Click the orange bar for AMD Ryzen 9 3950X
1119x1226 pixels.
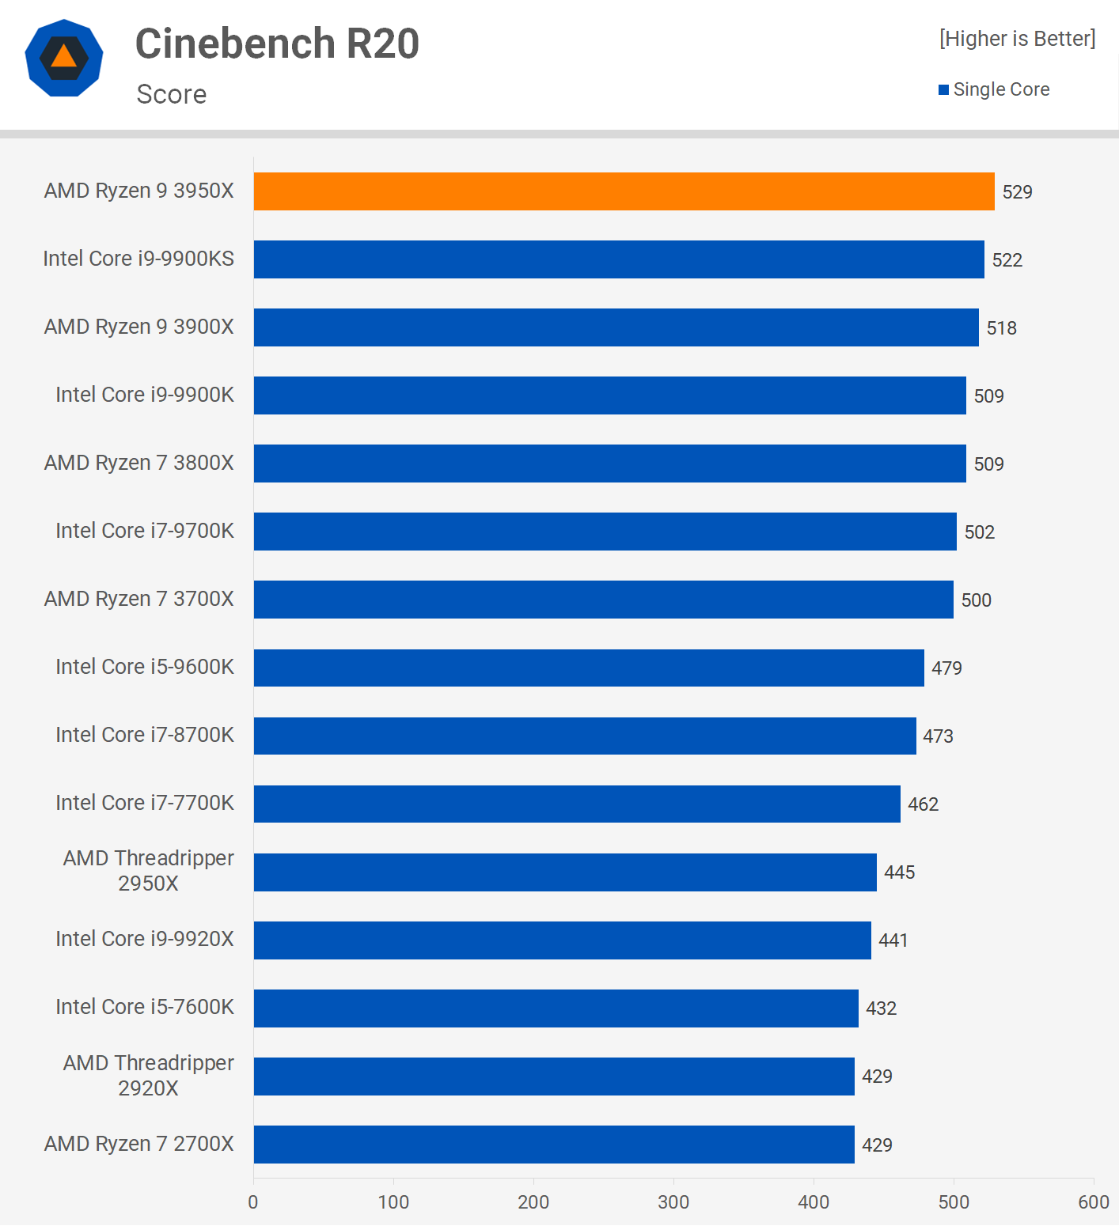pyautogui.click(x=624, y=191)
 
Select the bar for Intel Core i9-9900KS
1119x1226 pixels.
pyautogui.click(x=619, y=259)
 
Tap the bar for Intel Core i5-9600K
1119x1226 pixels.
pyautogui.click(x=589, y=668)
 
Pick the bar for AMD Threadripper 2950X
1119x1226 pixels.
pyautogui.click(x=565, y=872)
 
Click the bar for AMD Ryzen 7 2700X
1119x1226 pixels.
pyautogui.click(x=554, y=1144)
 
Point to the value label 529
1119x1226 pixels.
pyautogui.click(x=1017, y=192)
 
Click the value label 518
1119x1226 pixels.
pyautogui.click(x=1001, y=328)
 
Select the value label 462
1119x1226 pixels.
pyautogui.click(x=923, y=804)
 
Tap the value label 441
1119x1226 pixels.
pyautogui.click(x=893, y=940)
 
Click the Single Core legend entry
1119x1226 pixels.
pyautogui.click(x=994, y=89)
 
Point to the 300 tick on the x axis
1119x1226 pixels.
pyautogui.click(x=673, y=1202)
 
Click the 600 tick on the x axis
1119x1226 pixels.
pyautogui.click(x=1093, y=1202)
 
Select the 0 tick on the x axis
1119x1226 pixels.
pyautogui.click(x=253, y=1202)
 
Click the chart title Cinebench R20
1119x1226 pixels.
pyautogui.click(x=277, y=44)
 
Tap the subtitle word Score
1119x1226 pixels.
pyautogui.click(x=171, y=94)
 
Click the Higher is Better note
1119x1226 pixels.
pyautogui.click(x=1017, y=39)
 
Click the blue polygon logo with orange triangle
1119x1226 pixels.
pyautogui.click(x=64, y=58)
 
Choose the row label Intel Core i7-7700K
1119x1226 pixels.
pyautogui.click(x=145, y=803)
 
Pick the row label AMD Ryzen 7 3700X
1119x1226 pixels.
pyautogui.click(x=139, y=599)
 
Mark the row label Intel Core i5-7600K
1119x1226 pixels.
pyautogui.click(x=145, y=1007)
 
